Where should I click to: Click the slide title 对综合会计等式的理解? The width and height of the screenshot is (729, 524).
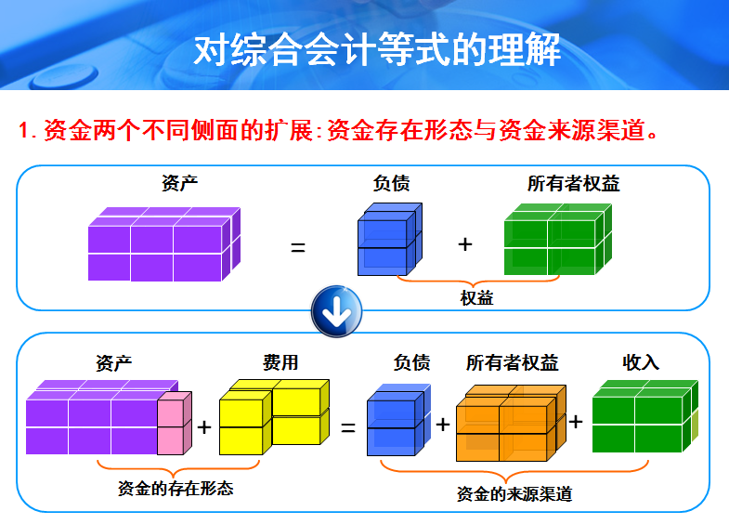click(377, 49)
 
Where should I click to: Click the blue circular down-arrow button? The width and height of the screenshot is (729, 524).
click(335, 313)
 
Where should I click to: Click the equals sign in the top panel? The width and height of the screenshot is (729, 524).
click(298, 247)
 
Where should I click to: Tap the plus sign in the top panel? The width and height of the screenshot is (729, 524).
click(465, 244)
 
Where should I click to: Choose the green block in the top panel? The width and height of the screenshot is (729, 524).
click(557, 242)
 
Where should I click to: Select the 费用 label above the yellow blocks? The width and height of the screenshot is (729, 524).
click(280, 361)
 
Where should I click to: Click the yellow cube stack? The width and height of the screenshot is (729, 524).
click(274, 415)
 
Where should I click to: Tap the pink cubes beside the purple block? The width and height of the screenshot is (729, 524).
click(174, 423)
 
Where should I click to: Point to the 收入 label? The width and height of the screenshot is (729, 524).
click(641, 361)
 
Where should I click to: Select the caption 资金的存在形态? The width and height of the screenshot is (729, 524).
click(176, 487)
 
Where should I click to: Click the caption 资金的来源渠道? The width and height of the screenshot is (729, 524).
click(514, 494)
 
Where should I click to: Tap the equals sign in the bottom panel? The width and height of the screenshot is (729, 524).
click(348, 428)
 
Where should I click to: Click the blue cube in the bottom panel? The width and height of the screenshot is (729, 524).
click(396, 420)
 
